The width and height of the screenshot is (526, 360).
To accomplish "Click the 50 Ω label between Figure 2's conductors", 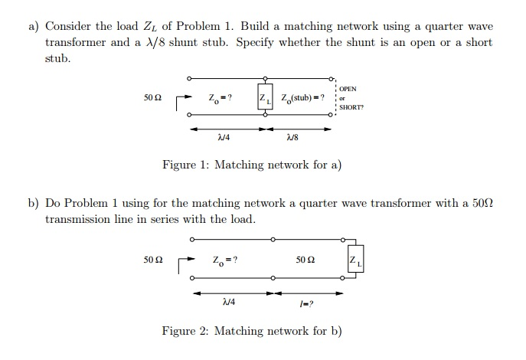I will [x=305, y=260].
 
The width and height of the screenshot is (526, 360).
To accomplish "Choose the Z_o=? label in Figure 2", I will [x=225, y=260].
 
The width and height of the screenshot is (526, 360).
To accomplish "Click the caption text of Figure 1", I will [x=251, y=165].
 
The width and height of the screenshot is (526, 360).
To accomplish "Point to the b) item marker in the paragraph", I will [x=34, y=203].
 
